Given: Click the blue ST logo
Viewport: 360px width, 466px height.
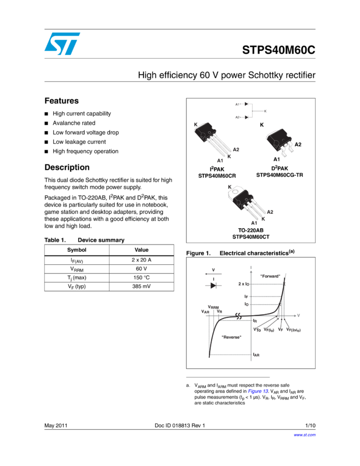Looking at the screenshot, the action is pyautogui.click(x=62, y=43).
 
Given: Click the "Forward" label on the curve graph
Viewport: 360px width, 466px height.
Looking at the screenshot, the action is pyautogui.click(x=270, y=276).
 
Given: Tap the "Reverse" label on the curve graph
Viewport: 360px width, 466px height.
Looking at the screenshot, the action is pyautogui.click(x=232, y=337).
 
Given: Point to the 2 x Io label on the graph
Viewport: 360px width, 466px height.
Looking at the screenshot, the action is pyautogui.click(x=244, y=284).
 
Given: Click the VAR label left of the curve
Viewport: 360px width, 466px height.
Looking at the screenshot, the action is pyautogui.click(x=205, y=311).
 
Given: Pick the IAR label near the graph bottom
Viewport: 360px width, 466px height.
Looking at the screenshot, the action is pyautogui.click(x=256, y=355).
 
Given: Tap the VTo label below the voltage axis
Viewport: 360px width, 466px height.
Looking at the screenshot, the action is pyautogui.click(x=257, y=329).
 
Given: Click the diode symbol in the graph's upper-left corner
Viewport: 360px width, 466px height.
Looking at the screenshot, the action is pyautogui.click(x=213, y=286).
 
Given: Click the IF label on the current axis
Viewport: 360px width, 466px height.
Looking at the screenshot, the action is pyautogui.click(x=247, y=297).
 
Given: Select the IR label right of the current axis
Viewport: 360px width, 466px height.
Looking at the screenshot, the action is pyautogui.click(x=255, y=320).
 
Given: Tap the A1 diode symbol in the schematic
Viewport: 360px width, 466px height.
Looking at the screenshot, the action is pyautogui.click(x=247, y=104).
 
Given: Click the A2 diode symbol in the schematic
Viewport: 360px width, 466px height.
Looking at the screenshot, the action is pyautogui.click(x=247, y=117).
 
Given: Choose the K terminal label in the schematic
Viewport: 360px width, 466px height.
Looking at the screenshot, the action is pyautogui.click(x=265, y=111).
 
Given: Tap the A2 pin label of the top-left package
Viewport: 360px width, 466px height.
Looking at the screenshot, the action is pyautogui.click(x=236, y=150).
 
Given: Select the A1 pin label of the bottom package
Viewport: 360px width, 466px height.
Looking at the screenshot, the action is pyautogui.click(x=254, y=223).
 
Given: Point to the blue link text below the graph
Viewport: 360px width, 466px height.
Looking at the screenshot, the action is pyautogui.click(x=258, y=391).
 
